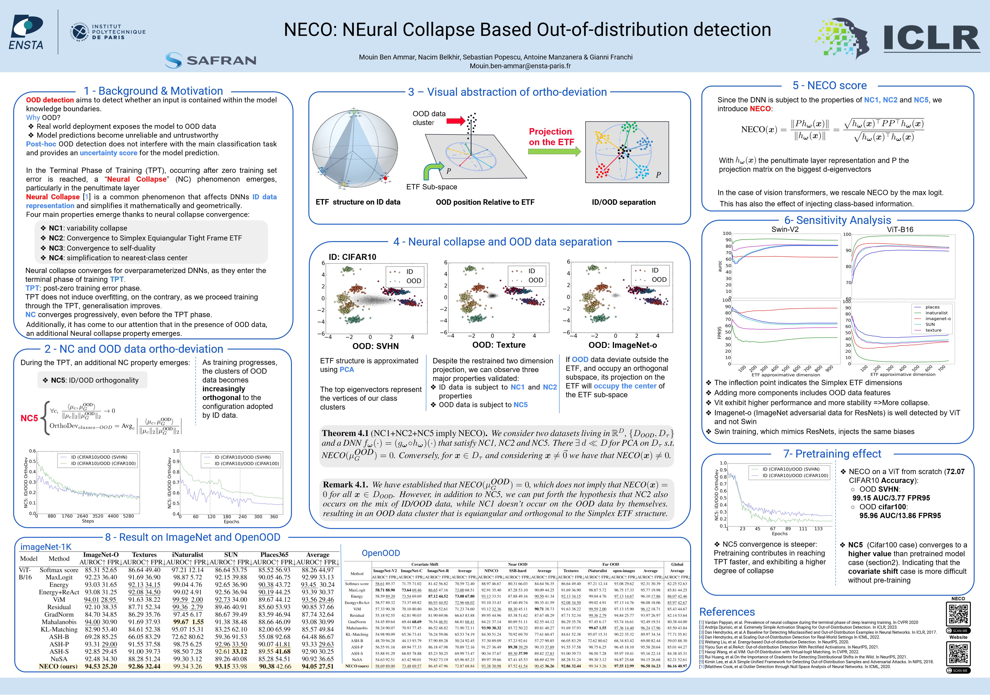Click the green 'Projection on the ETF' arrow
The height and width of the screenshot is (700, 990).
pyautogui.click(x=554, y=151)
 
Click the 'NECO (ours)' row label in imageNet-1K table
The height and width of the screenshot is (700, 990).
pyautogui.click(x=58, y=666)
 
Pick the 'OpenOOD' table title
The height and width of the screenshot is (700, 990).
pyautogui.click(x=381, y=553)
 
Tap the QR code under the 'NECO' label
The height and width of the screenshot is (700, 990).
pyautogui.click(x=958, y=614)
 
